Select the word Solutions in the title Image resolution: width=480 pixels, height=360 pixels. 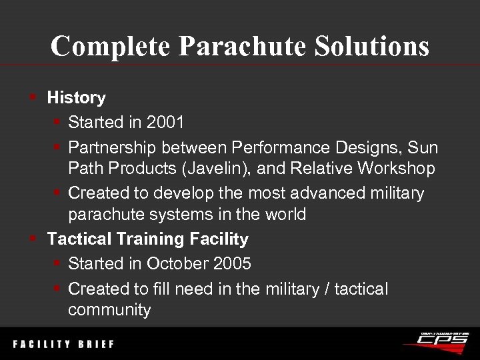click(365, 46)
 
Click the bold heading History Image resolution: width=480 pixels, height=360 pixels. click(76, 98)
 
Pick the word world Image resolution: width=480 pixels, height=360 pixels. click(283, 215)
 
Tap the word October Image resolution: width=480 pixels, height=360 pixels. click(176, 263)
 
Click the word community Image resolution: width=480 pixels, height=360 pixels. click(109, 310)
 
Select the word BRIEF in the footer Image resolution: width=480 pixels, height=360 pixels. click(95, 345)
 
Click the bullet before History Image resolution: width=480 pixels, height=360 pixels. click(33, 98)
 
